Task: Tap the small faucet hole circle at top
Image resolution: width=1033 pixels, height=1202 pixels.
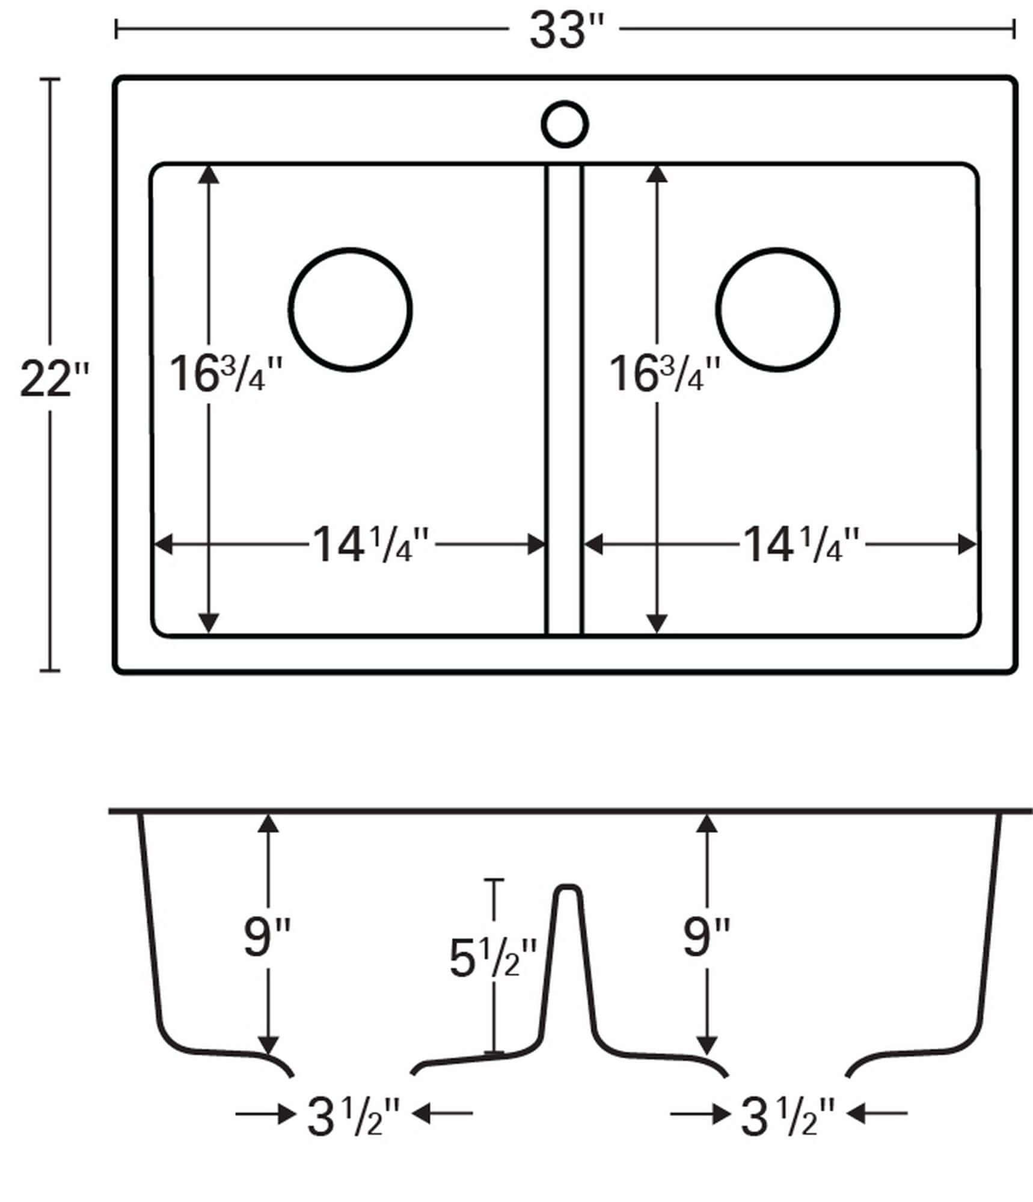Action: (x=565, y=124)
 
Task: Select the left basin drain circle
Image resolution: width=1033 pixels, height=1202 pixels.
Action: (x=351, y=309)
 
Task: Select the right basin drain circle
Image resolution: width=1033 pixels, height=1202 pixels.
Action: (x=778, y=309)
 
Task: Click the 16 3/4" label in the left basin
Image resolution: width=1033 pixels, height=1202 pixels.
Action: (x=226, y=374)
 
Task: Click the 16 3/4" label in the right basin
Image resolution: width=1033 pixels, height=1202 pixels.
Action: (x=665, y=374)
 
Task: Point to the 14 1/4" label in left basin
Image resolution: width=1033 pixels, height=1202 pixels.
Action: (x=372, y=545)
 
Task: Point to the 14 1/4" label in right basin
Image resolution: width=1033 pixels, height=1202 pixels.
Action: (x=802, y=545)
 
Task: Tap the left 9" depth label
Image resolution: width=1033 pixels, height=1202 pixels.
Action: (x=267, y=936)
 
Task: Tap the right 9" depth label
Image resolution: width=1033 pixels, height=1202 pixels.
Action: (x=707, y=936)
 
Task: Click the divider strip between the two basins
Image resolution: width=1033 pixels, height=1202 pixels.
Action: (x=564, y=397)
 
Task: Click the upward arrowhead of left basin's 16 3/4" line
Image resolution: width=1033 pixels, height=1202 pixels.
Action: (x=209, y=174)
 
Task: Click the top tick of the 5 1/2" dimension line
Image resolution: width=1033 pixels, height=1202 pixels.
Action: (x=494, y=880)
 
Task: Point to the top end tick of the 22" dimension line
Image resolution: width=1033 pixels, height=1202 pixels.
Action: (x=49, y=79)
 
